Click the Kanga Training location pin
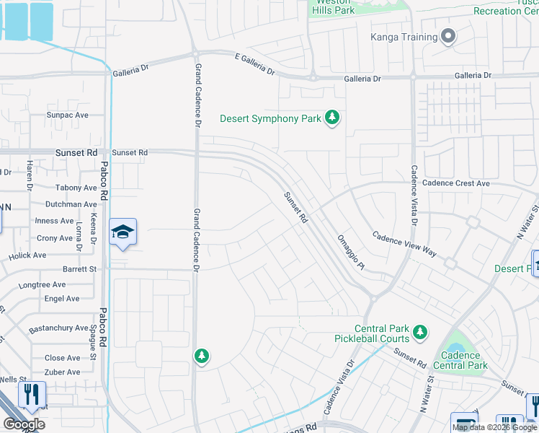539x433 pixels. (x=448, y=37)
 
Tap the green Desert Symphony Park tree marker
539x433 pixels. (x=331, y=118)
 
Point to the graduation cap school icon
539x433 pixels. (x=123, y=232)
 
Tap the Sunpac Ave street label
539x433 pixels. (x=67, y=115)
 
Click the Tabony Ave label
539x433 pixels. (x=76, y=188)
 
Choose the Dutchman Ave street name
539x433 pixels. (x=71, y=204)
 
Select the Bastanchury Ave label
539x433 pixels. (x=58, y=328)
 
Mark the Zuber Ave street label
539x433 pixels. (x=63, y=372)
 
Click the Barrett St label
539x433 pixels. (x=79, y=269)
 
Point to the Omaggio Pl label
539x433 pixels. (x=352, y=253)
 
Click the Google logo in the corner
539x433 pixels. (x=23, y=424)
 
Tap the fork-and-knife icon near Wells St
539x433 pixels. (x=32, y=394)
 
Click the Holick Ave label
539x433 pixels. (x=27, y=255)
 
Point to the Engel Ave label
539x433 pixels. (x=62, y=299)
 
